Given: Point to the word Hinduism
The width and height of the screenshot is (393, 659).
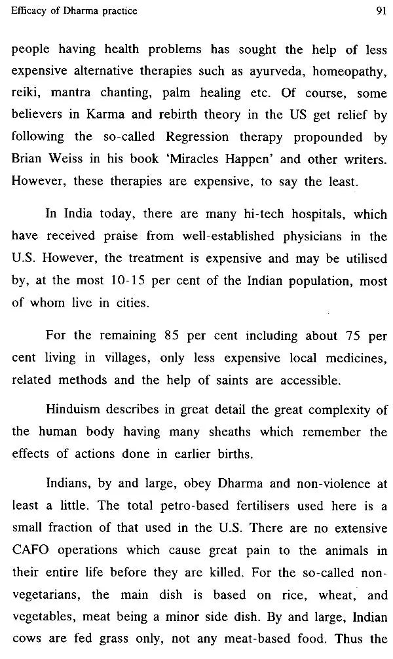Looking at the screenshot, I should [x=75, y=410].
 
